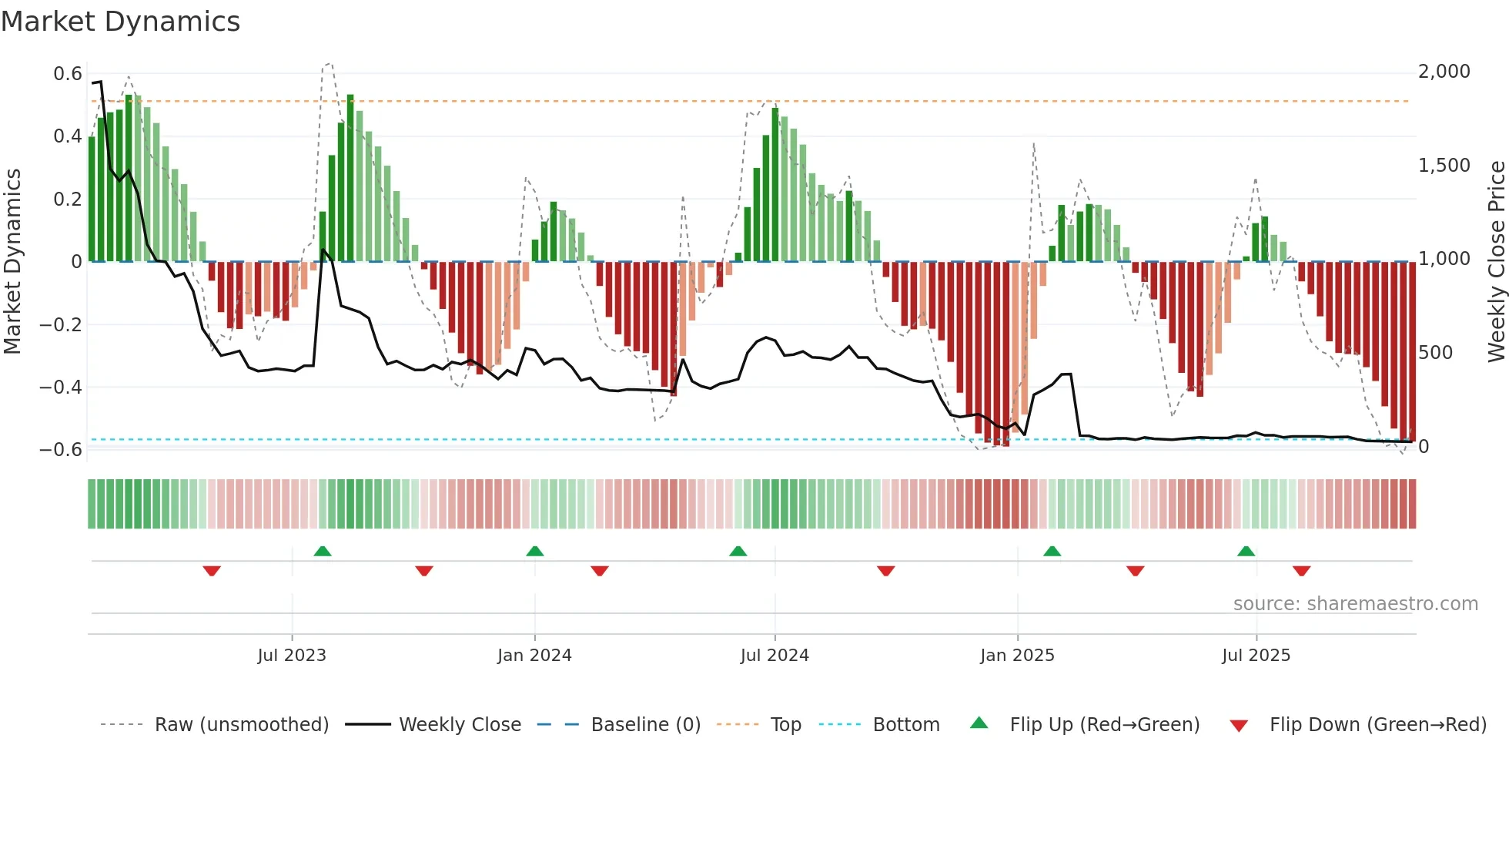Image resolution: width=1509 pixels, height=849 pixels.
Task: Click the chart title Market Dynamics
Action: coord(120,22)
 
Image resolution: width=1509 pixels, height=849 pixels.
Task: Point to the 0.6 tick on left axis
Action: coord(68,74)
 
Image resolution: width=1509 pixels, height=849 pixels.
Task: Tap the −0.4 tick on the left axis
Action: coord(61,387)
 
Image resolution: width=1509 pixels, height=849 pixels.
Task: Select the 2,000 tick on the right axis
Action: coord(1444,72)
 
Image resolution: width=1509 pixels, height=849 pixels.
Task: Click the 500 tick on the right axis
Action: coord(1435,353)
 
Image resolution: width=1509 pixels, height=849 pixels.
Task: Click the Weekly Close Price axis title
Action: coord(1496,261)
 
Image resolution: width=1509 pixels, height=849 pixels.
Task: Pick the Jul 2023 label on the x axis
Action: coord(292,656)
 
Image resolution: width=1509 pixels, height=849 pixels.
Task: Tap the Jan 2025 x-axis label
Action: coord(1017,656)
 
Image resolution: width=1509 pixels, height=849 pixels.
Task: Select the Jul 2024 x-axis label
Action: coord(775,656)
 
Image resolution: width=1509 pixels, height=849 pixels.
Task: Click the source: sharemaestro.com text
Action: coord(1355,604)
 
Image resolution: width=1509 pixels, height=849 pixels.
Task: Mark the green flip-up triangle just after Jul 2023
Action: coord(323,552)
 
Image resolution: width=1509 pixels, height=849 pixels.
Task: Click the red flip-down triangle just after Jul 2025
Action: coord(1301,571)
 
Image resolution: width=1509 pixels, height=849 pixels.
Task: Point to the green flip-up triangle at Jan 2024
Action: coord(535,552)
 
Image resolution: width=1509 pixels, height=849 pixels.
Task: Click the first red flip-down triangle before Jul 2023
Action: coord(212,571)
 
